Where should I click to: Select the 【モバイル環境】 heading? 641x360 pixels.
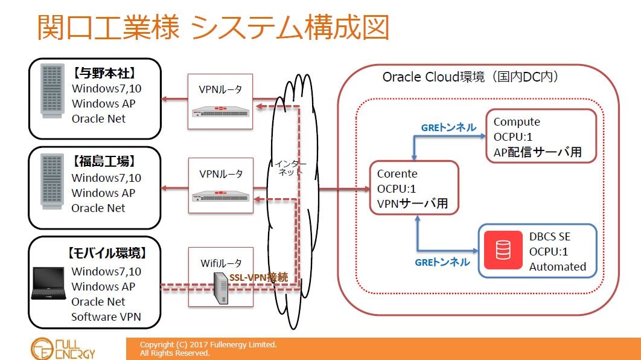tap(106, 253)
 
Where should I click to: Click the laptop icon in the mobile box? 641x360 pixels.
tap(49, 283)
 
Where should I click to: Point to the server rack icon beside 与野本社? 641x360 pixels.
tap(52, 91)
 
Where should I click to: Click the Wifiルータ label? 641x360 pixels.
tap(221, 263)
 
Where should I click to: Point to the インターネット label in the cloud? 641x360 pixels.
tap(290, 167)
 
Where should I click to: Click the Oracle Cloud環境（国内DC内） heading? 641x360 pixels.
tap(470, 77)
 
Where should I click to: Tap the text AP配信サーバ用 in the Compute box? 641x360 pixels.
tap(537, 152)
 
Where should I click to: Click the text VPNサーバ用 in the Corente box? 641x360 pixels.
tap(412, 204)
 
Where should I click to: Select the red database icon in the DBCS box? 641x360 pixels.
tap(503, 251)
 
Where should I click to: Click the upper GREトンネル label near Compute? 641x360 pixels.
tap(448, 127)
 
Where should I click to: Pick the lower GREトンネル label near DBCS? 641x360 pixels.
tap(442, 262)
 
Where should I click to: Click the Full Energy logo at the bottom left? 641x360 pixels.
tap(63, 348)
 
